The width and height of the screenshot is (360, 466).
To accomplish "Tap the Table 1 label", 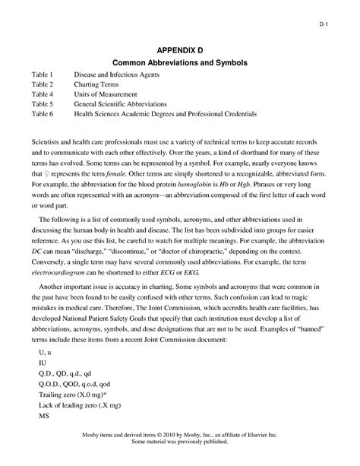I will click(44, 76).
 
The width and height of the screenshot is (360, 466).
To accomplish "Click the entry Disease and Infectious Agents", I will click(119, 76).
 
